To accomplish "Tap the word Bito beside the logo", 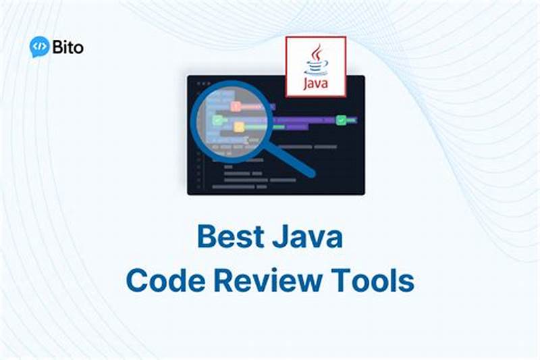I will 67,47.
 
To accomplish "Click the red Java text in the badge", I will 315,84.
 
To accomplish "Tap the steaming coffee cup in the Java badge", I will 315,63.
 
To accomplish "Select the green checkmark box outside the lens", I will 342,120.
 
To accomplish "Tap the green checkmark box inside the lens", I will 217,120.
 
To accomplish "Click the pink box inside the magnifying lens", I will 236,106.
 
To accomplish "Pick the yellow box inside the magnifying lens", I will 238,126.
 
